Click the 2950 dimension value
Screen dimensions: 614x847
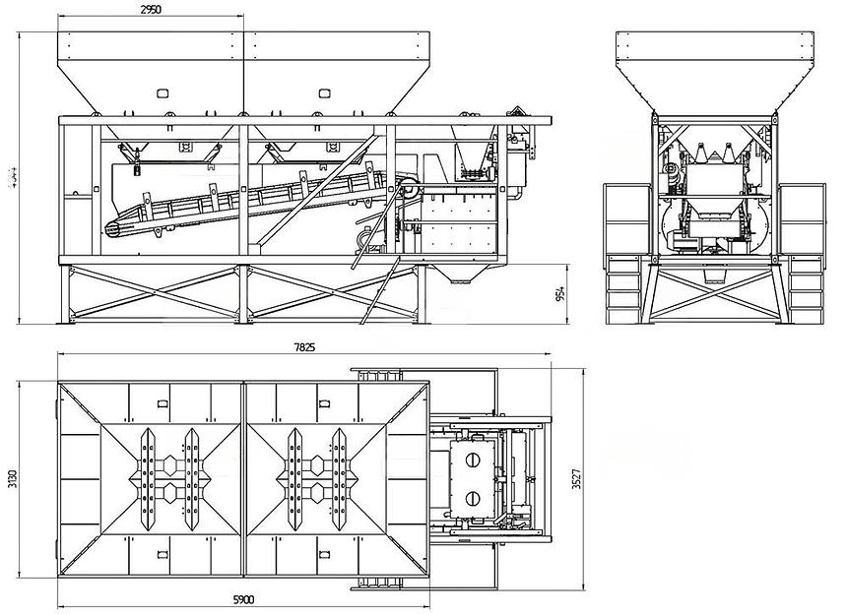point(149,9)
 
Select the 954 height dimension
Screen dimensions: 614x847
point(560,294)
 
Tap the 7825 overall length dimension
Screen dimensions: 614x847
point(304,347)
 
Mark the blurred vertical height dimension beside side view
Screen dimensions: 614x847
point(12,176)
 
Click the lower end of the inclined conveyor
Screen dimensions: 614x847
point(114,228)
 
